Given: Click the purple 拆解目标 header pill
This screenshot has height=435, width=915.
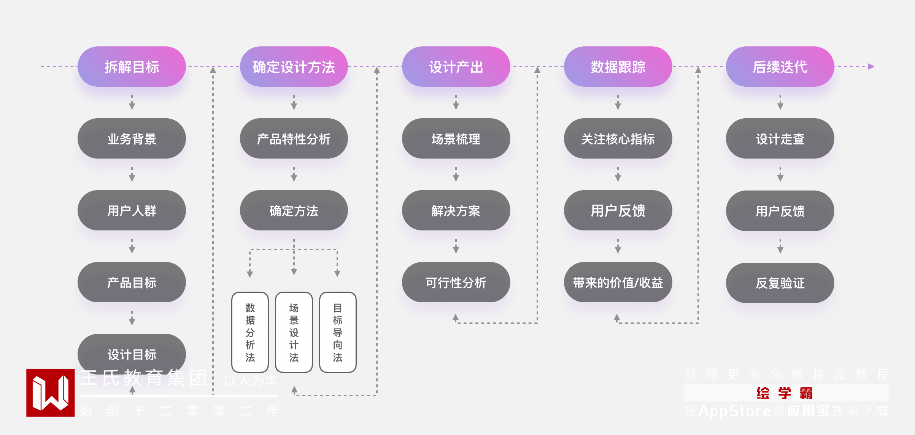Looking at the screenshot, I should click(132, 67).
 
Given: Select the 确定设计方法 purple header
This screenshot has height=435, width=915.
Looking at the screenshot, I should click(294, 67).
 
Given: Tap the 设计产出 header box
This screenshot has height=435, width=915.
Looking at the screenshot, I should click(456, 67).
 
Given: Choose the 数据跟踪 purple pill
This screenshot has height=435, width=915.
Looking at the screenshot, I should click(618, 67).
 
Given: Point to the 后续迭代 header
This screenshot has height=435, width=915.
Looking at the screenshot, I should click(780, 67).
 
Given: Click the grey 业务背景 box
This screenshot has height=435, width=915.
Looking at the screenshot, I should click(132, 138).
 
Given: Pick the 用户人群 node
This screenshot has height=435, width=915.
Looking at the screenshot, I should click(132, 210).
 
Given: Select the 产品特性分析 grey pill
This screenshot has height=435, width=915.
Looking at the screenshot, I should click(294, 138).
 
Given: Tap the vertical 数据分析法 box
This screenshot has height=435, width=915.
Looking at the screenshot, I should click(250, 332).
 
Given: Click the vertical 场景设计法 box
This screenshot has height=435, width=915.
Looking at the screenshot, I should click(294, 332).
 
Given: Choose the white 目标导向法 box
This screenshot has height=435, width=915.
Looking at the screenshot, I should click(337, 332).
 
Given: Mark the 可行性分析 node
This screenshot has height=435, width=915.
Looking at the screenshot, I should click(456, 282).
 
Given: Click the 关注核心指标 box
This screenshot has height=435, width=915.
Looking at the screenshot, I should click(618, 138).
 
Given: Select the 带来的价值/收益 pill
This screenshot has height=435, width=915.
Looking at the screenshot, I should click(618, 282).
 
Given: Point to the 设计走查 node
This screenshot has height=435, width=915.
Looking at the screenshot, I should click(780, 138).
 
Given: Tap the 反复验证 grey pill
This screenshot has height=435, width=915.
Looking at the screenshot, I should click(780, 283).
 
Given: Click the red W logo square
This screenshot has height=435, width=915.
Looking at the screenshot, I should click(50, 392).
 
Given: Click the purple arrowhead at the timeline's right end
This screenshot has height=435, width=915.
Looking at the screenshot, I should click(871, 67).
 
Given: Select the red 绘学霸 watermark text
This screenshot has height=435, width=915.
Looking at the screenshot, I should click(784, 393).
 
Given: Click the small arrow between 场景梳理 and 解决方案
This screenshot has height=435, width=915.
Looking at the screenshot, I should click(456, 175).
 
